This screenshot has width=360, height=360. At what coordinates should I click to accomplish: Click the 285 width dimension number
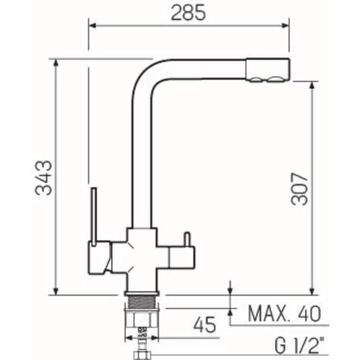tap(188, 13)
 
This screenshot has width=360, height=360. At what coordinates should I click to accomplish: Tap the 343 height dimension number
tap(44, 178)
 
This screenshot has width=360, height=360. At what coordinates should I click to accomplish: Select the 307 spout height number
tap(299, 189)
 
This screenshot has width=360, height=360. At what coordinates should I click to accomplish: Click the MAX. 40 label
tap(284, 313)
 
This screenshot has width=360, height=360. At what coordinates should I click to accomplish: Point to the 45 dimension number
tap(204, 325)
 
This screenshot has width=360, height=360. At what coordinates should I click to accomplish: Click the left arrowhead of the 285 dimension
tap(93, 25)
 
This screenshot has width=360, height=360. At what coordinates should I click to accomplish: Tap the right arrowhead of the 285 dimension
tap(285, 25)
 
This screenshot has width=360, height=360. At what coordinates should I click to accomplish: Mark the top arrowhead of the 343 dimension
tap(56, 63)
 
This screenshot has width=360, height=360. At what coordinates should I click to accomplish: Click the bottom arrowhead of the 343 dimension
tap(56, 292)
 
